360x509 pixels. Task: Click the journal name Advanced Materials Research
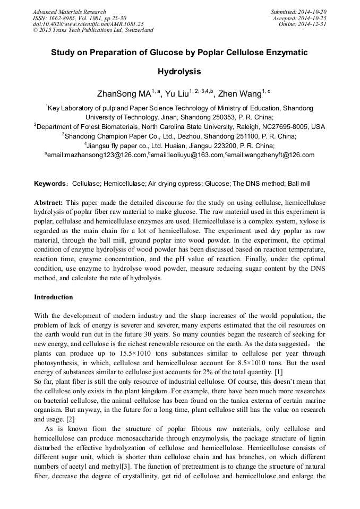coord(69,12)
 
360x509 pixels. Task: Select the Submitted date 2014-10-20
coord(313,12)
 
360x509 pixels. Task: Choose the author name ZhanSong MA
coord(124,94)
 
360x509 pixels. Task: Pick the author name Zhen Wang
coord(240,94)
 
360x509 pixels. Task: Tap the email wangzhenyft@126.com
coord(272,155)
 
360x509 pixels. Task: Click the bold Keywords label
coord(50,184)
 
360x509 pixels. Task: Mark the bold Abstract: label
coord(49,203)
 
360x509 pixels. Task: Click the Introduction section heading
coord(54,297)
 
